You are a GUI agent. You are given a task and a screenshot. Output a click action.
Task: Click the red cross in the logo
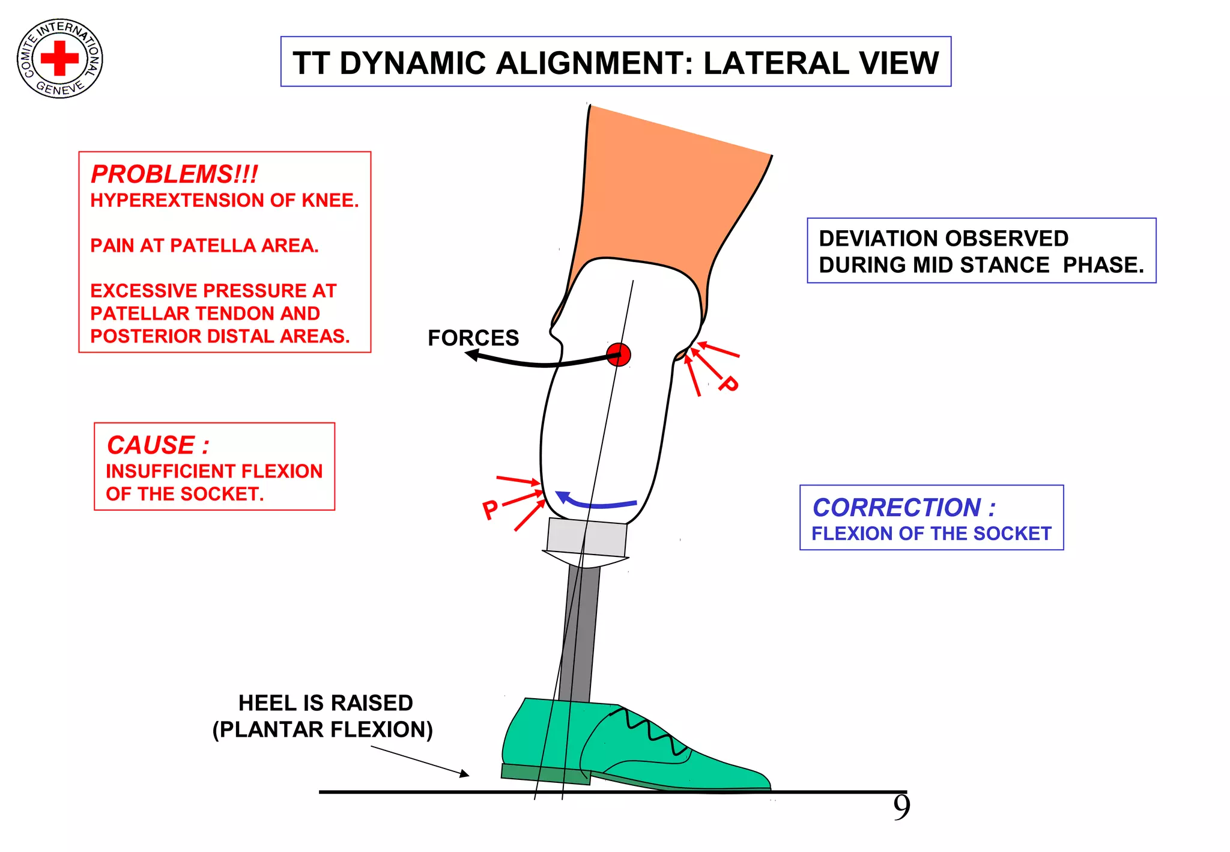(x=59, y=58)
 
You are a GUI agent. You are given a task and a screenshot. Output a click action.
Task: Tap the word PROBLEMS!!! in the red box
(x=174, y=174)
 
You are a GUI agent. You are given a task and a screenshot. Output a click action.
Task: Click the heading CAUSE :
(x=158, y=445)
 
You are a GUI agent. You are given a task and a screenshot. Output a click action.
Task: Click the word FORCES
(x=473, y=338)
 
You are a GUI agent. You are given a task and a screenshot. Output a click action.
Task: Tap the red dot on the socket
(x=619, y=354)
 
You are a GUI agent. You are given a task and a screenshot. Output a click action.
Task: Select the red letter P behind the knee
(x=729, y=383)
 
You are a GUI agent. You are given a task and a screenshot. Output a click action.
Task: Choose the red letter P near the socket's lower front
(x=490, y=510)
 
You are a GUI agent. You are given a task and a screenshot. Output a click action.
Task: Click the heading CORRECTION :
(x=903, y=508)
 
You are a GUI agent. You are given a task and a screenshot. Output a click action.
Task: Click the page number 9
(x=901, y=808)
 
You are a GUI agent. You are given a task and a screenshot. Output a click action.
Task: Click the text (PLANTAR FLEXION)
(x=323, y=729)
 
